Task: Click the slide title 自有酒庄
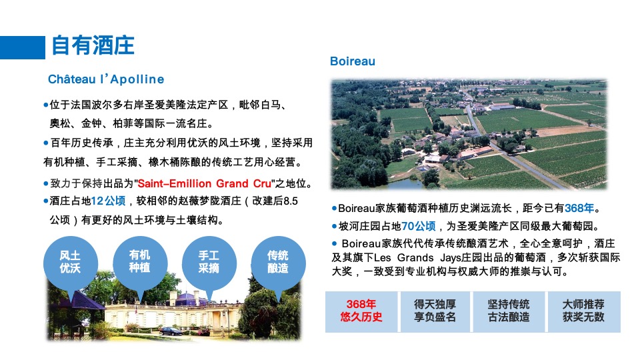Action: (x=93, y=45)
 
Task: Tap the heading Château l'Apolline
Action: (x=105, y=79)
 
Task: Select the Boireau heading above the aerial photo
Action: (x=353, y=61)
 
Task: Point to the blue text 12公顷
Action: (x=108, y=201)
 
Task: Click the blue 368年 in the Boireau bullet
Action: (x=579, y=208)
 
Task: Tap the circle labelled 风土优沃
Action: (x=70, y=262)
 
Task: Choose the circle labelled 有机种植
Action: (x=139, y=261)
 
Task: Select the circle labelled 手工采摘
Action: (x=209, y=262)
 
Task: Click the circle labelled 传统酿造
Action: (x=277, y=262)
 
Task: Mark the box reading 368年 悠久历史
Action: (x=361, y=311)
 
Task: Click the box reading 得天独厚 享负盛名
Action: (x=435, y=311)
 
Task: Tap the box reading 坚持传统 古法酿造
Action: (x=509, y=311)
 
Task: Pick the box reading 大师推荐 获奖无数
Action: (x=583, y=311)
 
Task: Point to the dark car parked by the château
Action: (x=171, y=331)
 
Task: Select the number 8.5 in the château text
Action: (x=291, y=201)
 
